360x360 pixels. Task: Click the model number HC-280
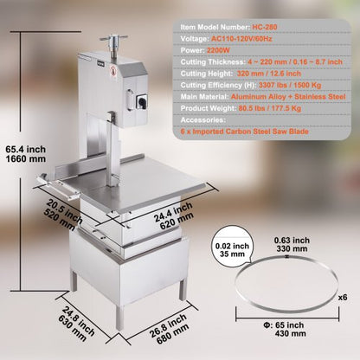click(x=265, y=27)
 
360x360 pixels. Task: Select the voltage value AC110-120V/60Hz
click(x=241, y=39)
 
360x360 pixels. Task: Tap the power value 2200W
click(x=218, y=50)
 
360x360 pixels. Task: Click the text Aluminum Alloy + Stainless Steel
click(x=288, y=97)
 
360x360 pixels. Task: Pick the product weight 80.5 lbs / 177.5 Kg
click(x=270, y=108)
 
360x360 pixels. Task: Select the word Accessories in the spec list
click(x=203, y=119)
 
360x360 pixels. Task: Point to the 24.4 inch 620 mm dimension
click(x=174, y=215)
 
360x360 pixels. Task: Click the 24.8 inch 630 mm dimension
click(x=75, y=324)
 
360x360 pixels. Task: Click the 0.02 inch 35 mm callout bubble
click(x=232, y=246)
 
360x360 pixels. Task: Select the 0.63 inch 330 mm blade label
click(x=292, y=244)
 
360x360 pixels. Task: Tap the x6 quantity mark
click(x=343, y=298)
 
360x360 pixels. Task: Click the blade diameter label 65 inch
click(x=283, y=325)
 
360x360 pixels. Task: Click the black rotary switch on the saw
click(x=141, y=101)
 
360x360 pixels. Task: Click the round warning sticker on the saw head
click(x=113, y=71)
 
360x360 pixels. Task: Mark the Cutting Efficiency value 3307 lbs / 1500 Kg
click(x=290, y=85)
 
